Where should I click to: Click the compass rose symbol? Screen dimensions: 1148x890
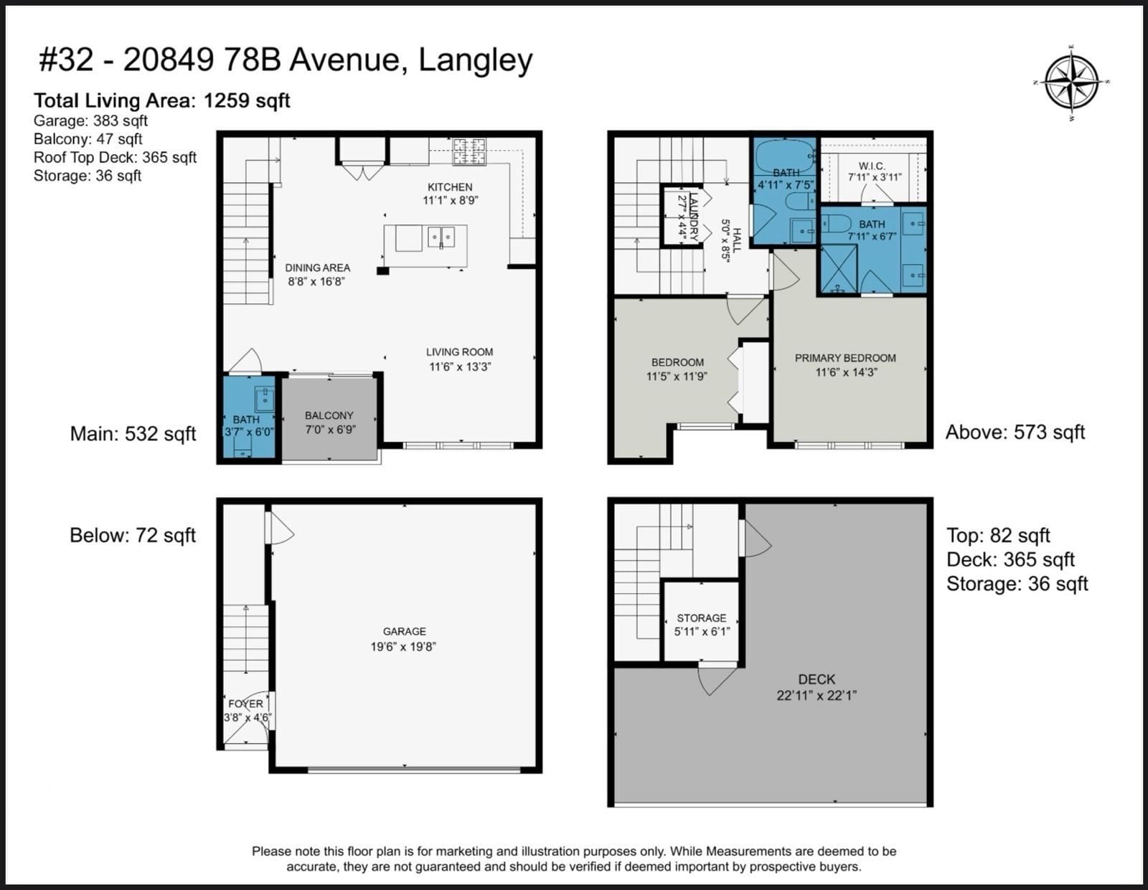click(1071, 82)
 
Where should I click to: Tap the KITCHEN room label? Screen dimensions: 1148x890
click(450, 187)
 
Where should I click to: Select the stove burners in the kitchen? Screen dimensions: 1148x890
click(469, 151)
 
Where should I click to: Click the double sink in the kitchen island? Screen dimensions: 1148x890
click(441, 237)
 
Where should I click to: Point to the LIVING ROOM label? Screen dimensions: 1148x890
click(460, 352)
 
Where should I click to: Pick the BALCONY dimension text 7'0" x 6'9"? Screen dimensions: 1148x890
click(329, 430)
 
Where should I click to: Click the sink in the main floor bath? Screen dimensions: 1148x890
click(264, 399)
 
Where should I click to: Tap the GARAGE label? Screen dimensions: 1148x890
click(404, 631)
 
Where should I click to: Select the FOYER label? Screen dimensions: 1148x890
click(245, 704)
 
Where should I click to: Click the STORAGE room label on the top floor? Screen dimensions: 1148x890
click(702, 617)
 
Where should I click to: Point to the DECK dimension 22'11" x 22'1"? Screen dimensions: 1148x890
click(817, 696)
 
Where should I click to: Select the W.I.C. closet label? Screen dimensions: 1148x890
click(872, 166)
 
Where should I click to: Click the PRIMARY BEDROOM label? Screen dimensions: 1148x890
click(845, 358)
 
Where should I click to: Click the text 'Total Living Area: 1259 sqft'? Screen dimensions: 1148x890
click(162, 100)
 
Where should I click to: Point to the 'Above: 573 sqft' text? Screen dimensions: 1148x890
click(1015, 432)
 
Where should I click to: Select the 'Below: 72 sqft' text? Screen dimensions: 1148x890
click(133, 535)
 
